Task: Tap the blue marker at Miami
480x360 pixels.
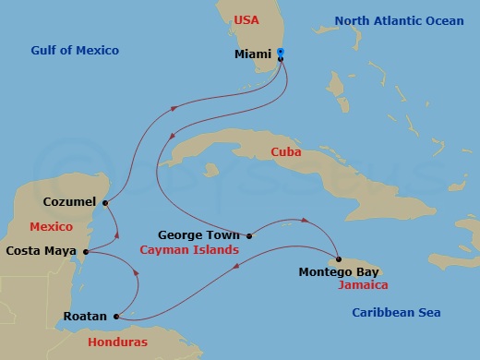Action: [x=281, y=54]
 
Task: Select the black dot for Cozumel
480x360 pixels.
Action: [x=105, y=203]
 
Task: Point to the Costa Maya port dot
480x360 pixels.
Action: [x=85, y=251]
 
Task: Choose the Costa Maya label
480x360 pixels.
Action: [x=42, y=250]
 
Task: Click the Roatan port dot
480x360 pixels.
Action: [x=115, y=318]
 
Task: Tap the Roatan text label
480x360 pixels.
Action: [x=85, y=317]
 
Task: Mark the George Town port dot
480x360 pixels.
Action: [x=249, y=235]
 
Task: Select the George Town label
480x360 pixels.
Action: [x=199, y=234]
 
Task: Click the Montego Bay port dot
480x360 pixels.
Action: [x=339, y=259]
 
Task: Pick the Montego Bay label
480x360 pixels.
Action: [x=339, y=272]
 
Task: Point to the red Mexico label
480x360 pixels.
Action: [x=51, y=226]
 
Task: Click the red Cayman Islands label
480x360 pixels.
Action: [x=189, y=250]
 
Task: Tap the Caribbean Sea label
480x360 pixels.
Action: [x=396, y=313]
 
